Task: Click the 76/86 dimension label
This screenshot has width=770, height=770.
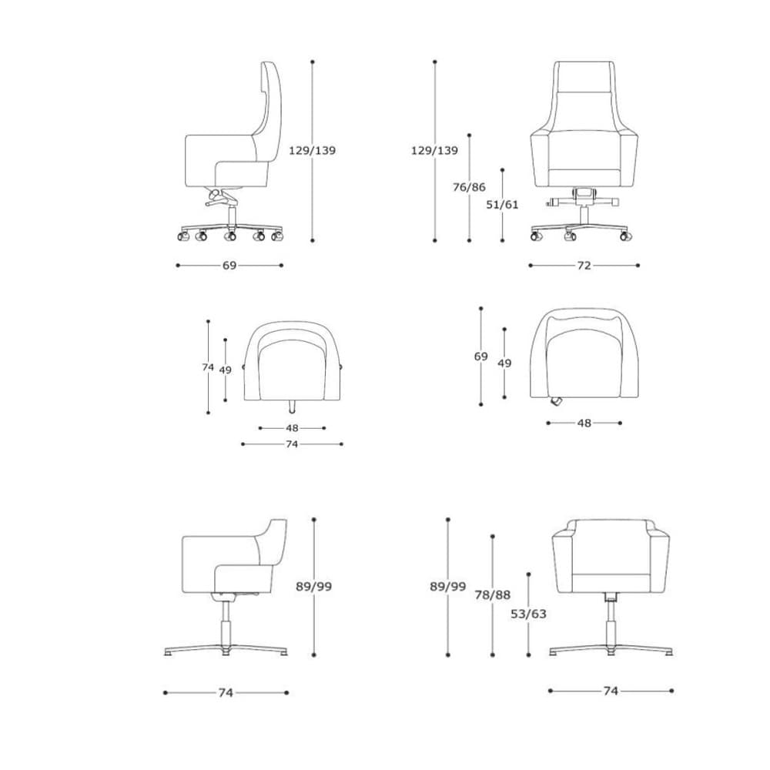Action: [x=469, y=187]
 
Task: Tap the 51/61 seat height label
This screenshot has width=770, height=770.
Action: [x=502, y=204]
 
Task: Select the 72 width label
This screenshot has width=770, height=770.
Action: [x=584, y=266]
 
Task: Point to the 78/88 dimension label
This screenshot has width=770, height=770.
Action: [x=493, y=594]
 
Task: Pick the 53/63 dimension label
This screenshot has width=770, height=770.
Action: [x=528, y=614]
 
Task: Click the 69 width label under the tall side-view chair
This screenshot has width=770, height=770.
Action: [x=229, y=266]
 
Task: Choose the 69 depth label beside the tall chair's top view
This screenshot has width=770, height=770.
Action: [x=480, y=357]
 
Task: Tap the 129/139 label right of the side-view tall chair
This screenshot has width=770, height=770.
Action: [x=313, y=150]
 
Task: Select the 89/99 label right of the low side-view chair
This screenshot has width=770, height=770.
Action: [x=314, y=586]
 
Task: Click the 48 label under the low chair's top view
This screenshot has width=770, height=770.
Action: [x=292, y=428]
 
